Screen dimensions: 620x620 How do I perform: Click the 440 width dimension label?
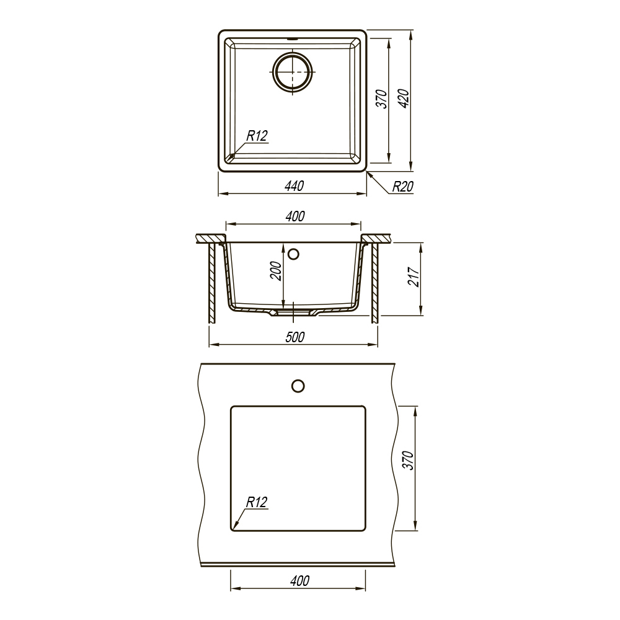coord(294,185)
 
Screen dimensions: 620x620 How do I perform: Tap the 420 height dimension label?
coord(404,99)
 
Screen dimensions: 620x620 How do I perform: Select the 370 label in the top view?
coord(381,99)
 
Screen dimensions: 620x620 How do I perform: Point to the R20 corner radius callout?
coord(402,186)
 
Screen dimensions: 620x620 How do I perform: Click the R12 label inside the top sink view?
coord(257,136)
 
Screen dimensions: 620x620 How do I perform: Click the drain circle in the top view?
coord(293,72)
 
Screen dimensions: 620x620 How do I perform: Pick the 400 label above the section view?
coord(295,216)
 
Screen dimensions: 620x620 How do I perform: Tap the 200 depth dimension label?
coord(276,272)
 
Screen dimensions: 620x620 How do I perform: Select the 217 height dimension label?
coord(413,277)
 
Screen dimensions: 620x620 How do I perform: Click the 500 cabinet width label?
coord(295,337)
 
